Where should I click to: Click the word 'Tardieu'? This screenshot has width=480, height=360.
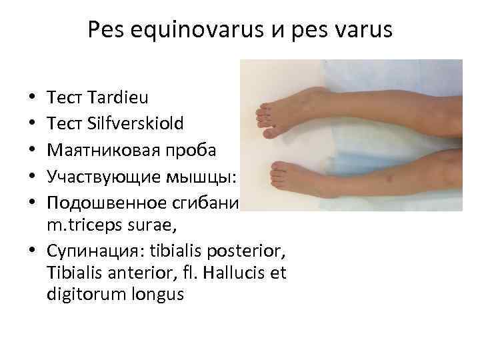coord(113,98)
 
